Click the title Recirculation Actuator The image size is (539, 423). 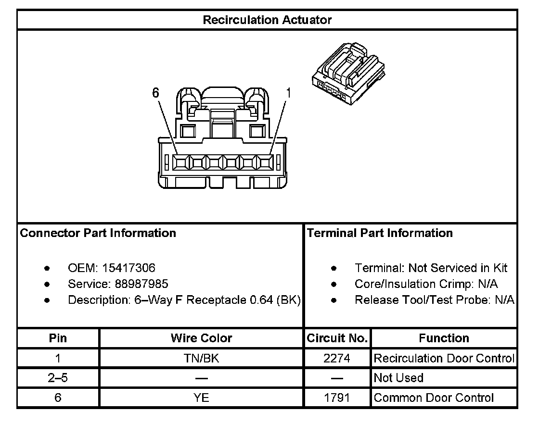(267, 20)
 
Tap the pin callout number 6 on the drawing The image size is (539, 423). (155, 93)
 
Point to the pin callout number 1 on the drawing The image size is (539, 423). (288, 93)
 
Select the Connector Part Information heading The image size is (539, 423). (98, 233)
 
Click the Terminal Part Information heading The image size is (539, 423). (380, 233)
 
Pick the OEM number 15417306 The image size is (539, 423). (128, 268)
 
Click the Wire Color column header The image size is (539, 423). (201, 338)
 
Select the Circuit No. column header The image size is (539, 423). (337, 338)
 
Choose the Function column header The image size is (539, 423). (444, 338)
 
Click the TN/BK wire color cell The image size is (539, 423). (201, 358)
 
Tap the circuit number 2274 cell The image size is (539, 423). (337, 358)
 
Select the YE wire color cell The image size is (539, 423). (201, 398)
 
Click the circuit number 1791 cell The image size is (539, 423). (337, 398)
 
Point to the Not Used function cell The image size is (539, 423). (398, 378)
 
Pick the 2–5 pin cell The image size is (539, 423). (58, 378)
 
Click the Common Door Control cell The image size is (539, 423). (434, 398)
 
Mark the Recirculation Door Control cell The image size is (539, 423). (444, 358)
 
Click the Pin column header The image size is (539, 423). (58, 338)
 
